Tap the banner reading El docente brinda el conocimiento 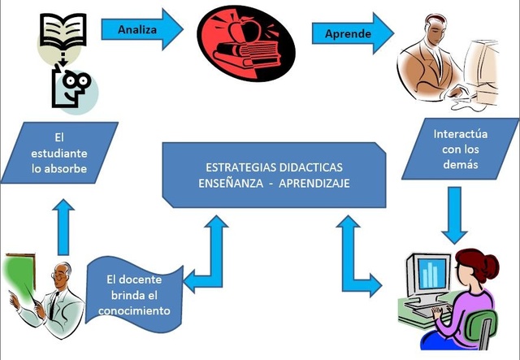[x=138, y=292]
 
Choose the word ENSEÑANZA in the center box [x=227, y=184]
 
